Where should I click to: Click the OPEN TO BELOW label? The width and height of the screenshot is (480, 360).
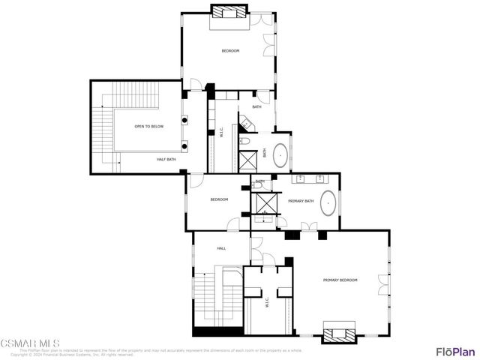149,127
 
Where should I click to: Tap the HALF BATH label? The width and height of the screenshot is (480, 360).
166,159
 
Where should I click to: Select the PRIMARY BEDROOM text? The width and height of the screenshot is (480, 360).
340,280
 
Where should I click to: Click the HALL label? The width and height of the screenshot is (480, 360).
222,248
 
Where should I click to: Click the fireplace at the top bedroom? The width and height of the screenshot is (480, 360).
229,13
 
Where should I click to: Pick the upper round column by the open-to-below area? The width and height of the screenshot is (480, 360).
184,118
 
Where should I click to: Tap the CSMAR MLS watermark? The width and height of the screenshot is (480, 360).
30,344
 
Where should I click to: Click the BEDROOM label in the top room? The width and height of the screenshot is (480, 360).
229,50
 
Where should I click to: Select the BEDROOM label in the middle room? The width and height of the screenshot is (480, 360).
219,199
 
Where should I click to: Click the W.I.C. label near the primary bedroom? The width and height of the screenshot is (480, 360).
266,304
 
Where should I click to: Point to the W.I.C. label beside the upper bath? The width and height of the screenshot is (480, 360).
220,133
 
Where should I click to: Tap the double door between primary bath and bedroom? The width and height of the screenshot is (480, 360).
305,226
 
